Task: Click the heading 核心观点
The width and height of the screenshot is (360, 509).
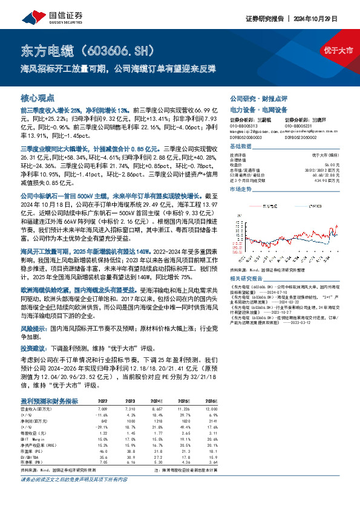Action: (x=38, y=97)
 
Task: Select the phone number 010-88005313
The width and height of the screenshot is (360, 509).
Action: (x=244, y=126)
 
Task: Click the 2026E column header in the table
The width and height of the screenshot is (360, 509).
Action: (x=211, y=400)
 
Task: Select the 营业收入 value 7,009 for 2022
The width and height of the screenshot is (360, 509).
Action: (x=103, y=409)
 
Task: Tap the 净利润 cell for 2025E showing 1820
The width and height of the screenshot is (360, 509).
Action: (x=185, y=420)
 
